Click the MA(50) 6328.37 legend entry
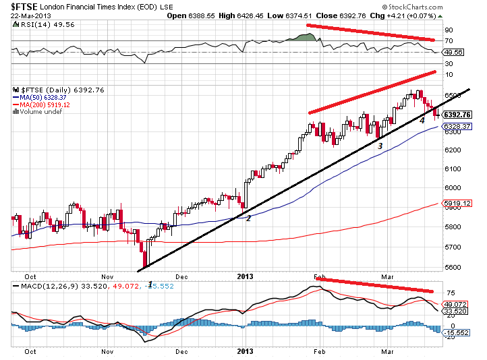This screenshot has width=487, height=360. pyautogui.click(x=45, y=97)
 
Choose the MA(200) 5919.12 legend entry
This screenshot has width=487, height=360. pyautogui.click(x=45, y=104)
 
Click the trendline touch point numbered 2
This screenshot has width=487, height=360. pyautogui.click(x=248, y=218)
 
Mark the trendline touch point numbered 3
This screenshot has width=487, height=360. pyautogui.click(x=380, y=145)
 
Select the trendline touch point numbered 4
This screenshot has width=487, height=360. pyautogui.click(x=422, y=120)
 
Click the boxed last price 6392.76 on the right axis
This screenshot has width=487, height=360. pyautogui.click(x=456, y=115)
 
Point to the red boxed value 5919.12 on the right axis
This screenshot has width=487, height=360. pyautogui.click(x=456, y=203)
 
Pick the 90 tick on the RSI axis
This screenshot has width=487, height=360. pyautogui.click(x=448, y=30)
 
